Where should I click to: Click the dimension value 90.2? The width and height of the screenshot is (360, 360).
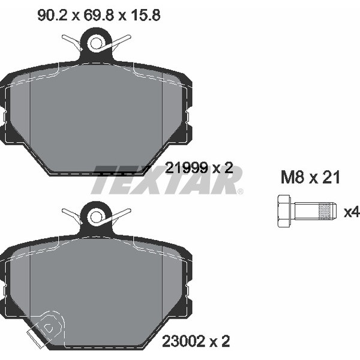click(x=52, y=16)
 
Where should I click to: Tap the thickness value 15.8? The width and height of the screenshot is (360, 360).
click(x=146, y=16)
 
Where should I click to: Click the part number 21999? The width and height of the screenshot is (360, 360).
click(x=187, y=167)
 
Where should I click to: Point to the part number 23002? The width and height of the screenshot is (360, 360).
click(x=184, y=341)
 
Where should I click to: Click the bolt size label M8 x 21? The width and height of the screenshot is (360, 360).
click(x=310, y=178)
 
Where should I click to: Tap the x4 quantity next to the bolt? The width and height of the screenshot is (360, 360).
click(x=352, y=212)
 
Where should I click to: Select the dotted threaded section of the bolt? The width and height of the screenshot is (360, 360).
click(x=326, y=211)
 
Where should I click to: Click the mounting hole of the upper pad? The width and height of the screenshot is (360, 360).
click(x=97, y=43)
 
